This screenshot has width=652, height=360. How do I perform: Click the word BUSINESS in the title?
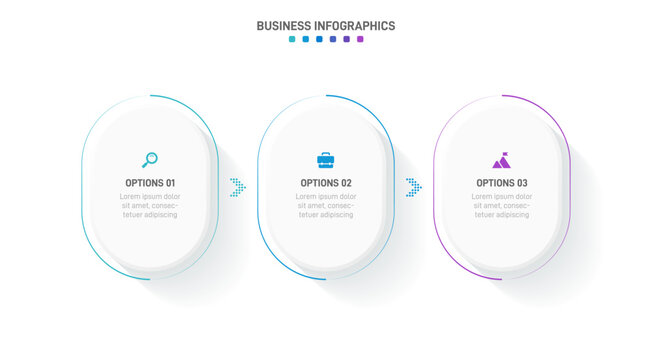[283, 26]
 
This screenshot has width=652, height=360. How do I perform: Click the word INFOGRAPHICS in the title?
[353, 26]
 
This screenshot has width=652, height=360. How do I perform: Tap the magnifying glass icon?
[150, 159]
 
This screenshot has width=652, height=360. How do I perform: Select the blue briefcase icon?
[326, 159]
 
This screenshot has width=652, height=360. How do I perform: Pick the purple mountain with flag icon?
[501, 159]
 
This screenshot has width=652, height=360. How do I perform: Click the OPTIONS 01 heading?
[150, 183]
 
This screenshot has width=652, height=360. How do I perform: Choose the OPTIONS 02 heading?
[326, 183]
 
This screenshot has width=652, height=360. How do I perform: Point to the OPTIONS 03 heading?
[502, 183]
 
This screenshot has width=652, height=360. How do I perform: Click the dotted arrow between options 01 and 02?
[238, 186]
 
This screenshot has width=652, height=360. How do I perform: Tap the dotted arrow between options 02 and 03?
[413, 186]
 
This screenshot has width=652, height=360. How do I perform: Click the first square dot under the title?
[292, 40]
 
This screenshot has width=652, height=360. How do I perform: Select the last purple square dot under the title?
[360, 40]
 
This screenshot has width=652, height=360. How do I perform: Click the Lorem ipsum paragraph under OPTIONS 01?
[150, 205]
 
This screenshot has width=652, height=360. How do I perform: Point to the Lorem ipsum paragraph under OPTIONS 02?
[326, 205]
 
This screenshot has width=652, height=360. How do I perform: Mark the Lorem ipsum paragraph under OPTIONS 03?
[502, 205]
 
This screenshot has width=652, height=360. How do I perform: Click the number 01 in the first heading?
[170, 183]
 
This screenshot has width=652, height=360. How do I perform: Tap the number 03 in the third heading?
[522, 183]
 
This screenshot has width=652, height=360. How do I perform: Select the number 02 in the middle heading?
[346, 183]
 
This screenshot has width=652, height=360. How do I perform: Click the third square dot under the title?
[319, 40]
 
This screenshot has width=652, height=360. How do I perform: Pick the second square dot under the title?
[305, 40]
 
